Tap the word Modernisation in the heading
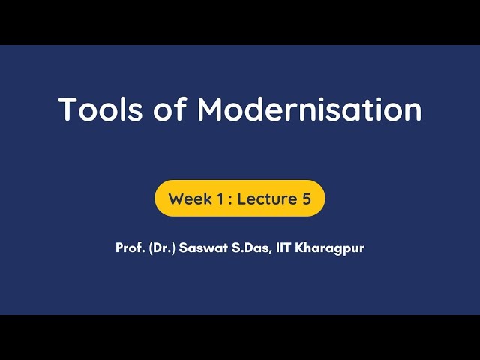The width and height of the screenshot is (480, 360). tap(309, 109)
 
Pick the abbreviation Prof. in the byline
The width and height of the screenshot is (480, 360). tap(130, 247)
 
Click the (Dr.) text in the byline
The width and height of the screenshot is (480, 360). tap(161, 247)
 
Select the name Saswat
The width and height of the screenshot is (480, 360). tap(202, 247)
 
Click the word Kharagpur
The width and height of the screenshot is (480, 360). tap(331, 247)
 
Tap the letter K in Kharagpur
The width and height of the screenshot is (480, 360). tap(301, 247)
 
